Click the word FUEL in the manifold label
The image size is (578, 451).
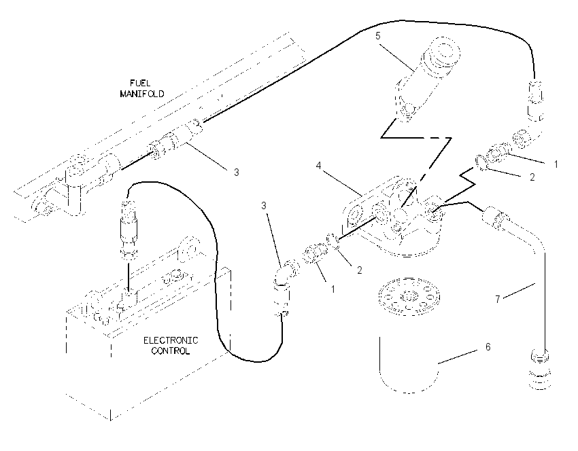pos(140,84)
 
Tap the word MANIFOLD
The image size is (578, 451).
pos(142,94)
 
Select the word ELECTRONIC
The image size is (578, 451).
pos(171,340)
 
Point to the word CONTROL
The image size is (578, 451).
pos(171,351)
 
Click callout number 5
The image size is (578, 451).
pos(378,36)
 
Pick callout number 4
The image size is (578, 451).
pos(318,166)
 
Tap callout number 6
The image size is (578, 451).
pos(488,347)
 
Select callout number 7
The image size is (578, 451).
pos(498,300)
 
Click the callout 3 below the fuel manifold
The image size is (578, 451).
pos(236,172)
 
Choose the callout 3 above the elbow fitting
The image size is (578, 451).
pos(264,205)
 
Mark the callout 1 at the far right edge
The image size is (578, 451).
pos(556,164)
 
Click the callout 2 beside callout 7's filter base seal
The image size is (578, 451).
pos(532,177)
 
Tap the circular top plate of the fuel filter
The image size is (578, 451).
pos(409,296)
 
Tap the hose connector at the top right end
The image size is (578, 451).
pos(536,100)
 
